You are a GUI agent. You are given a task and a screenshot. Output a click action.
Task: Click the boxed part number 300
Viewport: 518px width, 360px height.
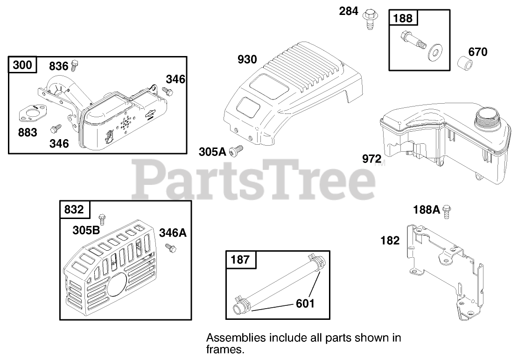tap(22, 64)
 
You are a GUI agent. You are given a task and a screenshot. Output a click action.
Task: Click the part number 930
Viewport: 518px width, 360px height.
tap(247, 59)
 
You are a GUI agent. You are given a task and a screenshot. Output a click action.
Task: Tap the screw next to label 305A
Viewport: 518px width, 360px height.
tap(238, 149)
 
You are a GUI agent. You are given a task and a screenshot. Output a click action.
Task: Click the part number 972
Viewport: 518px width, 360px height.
tap(371, 159)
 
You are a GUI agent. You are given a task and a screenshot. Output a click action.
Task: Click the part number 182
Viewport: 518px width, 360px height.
tap(390, 240)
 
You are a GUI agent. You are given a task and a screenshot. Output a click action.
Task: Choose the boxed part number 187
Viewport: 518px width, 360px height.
tap(240, 259)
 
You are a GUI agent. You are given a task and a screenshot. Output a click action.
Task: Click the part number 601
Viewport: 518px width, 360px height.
tap(305, 304)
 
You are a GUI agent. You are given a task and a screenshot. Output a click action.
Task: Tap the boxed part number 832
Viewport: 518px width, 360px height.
tap(75, 210)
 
